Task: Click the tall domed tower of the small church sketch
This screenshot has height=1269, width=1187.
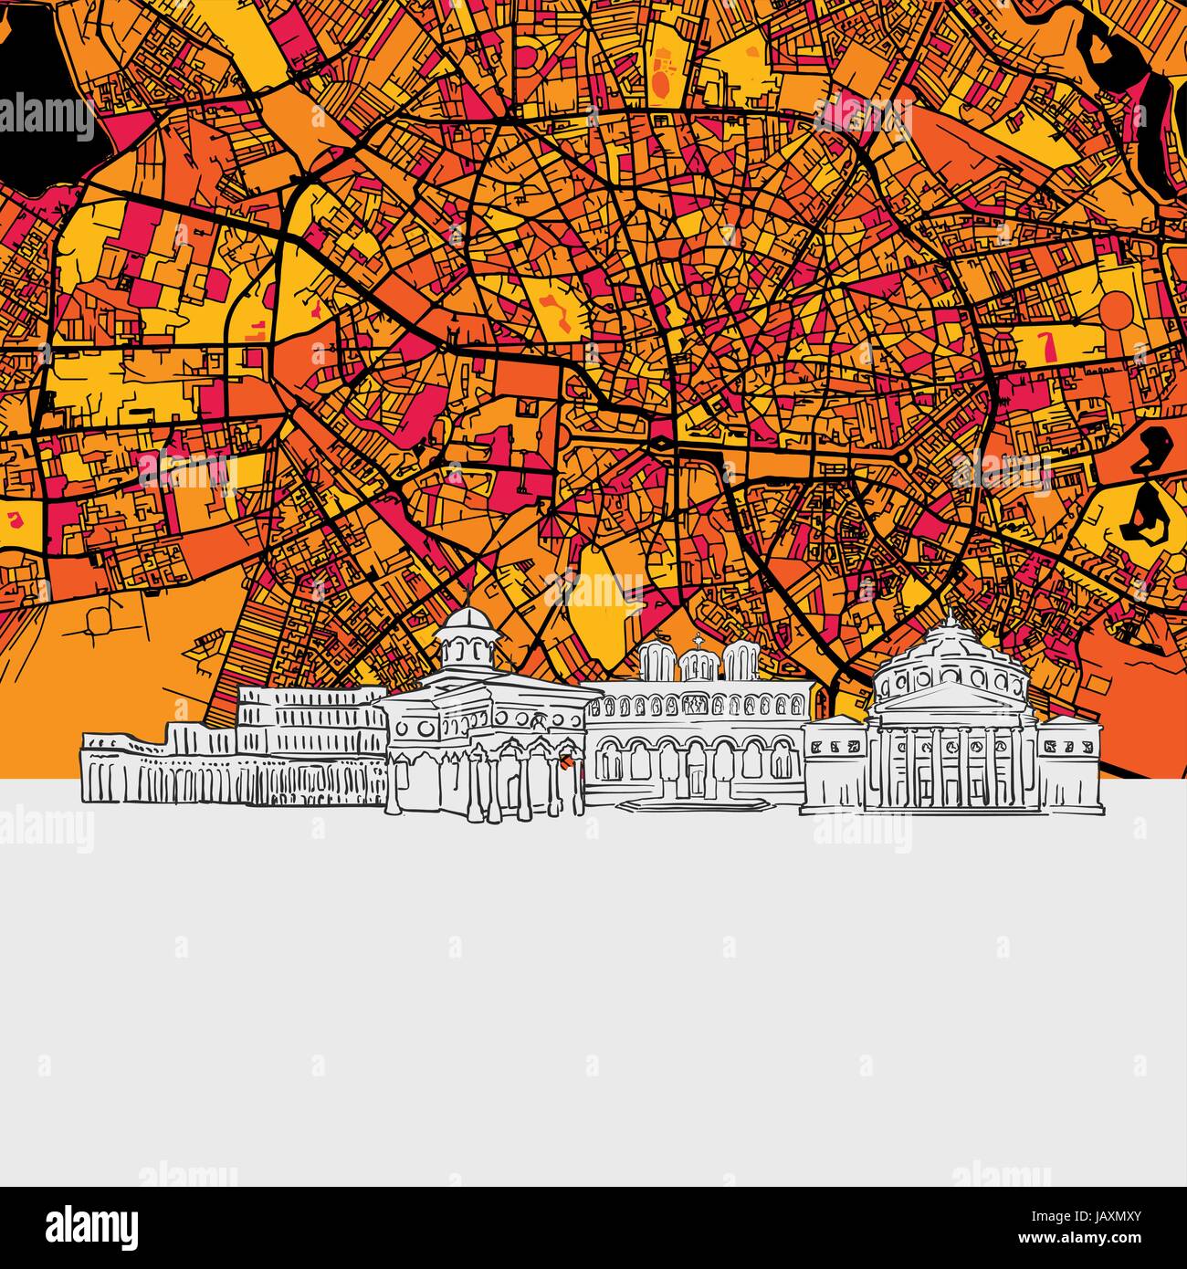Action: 466,637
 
